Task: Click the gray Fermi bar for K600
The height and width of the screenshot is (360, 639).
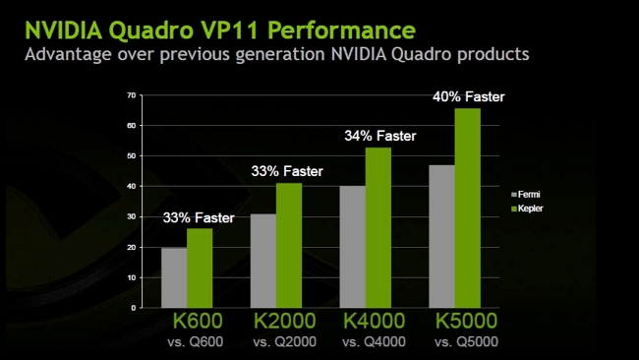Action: [x=173, y=277]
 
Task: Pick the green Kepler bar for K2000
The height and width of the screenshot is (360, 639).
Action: [x=288, y=245]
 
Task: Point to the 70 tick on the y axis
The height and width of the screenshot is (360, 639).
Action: [x=131, y=94]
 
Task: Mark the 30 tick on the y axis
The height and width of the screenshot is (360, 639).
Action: [x=131, y=216]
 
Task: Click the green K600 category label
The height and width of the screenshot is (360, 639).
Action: [x=198, y=321]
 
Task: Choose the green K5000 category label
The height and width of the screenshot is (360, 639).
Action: [x=461, y=321]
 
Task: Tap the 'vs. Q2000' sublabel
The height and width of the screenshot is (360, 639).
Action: [x=285, y=341]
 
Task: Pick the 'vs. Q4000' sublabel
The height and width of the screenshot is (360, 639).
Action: [x=374, y=341]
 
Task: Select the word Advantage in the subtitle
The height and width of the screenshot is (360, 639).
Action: [x=74, y=52]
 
